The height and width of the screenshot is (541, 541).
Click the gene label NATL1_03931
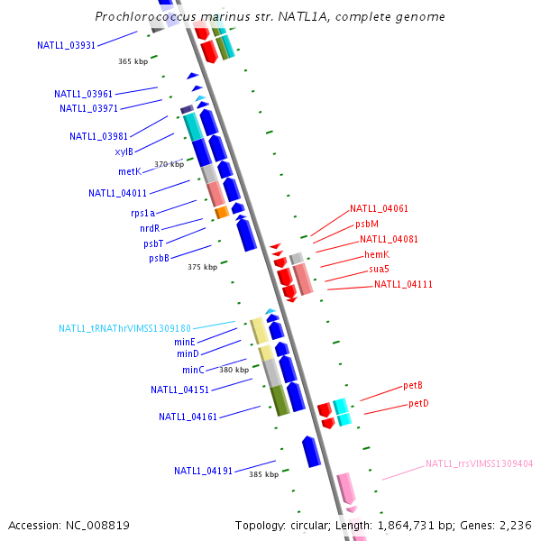pos(66,45)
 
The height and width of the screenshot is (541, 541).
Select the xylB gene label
pos(124,151)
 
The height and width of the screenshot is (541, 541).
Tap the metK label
pos(129,171)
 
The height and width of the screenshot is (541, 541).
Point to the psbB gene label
pos(159,259)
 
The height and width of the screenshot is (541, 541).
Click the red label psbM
pos(367,224)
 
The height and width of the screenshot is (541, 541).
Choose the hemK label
pos(376,254)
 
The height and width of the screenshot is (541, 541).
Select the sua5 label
pos(379,269)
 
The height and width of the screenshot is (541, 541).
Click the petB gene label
pos(413,386)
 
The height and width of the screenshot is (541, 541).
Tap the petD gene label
pos(418,403)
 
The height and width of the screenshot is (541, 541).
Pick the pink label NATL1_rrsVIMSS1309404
pos(479,464)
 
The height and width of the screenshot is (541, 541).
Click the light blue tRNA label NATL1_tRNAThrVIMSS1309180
pos(125,329)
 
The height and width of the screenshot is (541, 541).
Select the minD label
pos(188,354)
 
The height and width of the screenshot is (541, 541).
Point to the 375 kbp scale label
pos(202,267)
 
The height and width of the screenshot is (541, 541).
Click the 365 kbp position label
pos(133,62)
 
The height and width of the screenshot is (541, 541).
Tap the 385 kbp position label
pos(263,474)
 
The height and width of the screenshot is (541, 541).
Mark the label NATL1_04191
pos(203,471)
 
